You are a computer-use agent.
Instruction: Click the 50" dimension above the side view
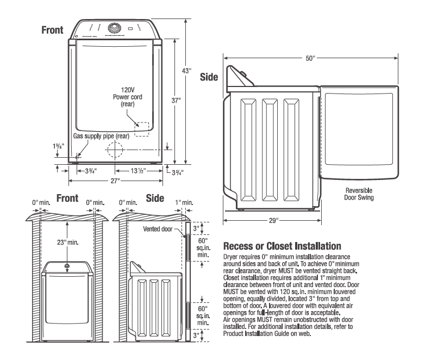coord(310,58)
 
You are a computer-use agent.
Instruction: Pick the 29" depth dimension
coord(273,221)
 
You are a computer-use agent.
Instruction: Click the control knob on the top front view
coord(115,28)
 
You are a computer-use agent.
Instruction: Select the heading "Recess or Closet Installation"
coord(281,245)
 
